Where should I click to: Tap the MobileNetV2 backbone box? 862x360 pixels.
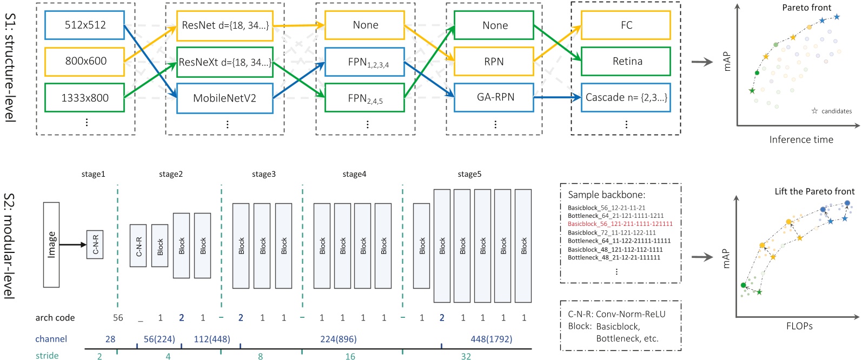[x=224, y=98]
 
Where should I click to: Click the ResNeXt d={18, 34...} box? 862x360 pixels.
[x=225, y=62]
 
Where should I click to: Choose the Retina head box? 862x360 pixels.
[x=626, y=61]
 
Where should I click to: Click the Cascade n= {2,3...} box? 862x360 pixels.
[x=626, y=97]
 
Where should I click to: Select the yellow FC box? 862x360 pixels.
[x=626, y=25]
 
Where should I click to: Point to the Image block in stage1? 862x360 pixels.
[x=51, y=244]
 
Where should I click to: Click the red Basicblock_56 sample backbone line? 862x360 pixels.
[x=620, y=224]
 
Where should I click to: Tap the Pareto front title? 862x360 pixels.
[x=806, y=8]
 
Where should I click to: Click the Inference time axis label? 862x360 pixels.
[x=801, y=139]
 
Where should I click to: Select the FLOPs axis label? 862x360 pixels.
[x=799, y=326]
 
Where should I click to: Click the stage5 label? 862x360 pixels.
[x=469, y=174]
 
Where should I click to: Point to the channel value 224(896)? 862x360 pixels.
[x=338, y=339]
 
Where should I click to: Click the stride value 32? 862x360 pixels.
[x=466, y=356]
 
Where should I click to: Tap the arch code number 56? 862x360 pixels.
[x=118, y=318]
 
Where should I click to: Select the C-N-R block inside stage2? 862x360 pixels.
[x=138, y=245]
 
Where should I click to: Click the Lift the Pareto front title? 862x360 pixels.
[x=814, y=191]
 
